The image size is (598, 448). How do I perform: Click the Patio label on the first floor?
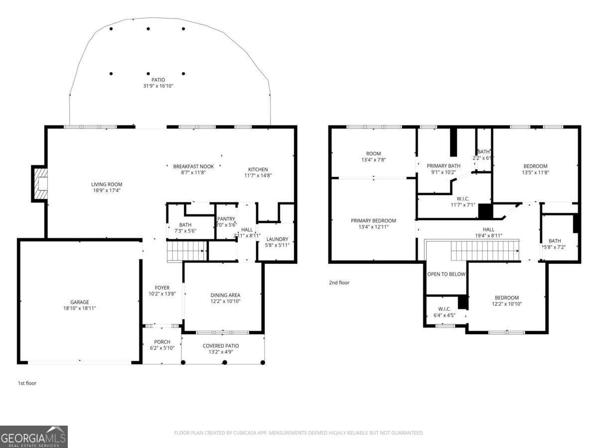158,80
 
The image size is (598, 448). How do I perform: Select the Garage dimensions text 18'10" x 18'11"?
79,309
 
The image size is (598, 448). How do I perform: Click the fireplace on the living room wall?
40,184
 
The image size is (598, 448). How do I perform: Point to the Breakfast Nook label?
193,166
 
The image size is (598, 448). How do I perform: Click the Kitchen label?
258,169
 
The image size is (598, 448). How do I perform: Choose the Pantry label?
226,219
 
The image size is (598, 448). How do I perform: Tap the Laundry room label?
277,239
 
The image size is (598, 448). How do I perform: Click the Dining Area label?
225,295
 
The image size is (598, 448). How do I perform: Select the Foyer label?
162,288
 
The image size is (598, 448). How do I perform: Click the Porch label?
162,342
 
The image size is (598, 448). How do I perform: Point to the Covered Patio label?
221,345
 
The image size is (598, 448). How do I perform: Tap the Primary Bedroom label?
373,221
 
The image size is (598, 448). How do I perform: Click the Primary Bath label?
444,166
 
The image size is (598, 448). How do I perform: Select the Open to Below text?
446,274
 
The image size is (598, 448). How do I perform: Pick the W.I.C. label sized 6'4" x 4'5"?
445,309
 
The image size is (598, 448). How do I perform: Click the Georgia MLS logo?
34,437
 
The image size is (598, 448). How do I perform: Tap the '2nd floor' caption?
339,283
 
